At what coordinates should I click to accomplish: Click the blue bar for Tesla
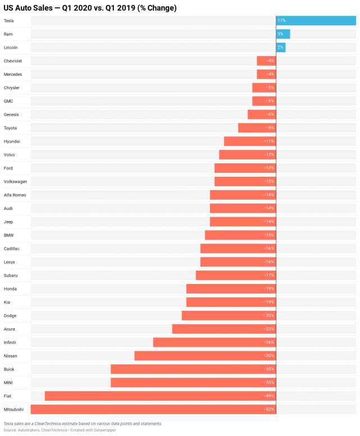coord(316,21)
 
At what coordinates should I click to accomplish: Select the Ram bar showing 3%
coord(283,34)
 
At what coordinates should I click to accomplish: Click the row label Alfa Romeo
coord(15,195)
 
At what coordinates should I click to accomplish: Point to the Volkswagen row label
coord(15,182)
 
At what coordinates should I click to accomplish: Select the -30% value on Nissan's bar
coord(269,356)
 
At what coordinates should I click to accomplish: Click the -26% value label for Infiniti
coord(269,342)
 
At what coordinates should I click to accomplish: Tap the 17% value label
coord(281,21)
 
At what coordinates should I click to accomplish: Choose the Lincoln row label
coord(11,48)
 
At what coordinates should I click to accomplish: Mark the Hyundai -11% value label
coord(269,141)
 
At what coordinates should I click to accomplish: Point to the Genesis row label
coord(11,114)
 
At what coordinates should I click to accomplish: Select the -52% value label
coord(269,410)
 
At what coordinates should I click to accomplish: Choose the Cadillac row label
coord(12,249)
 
